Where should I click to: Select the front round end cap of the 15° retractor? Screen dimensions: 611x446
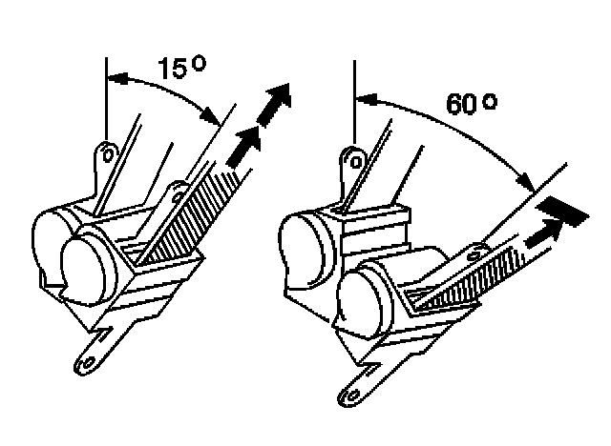point(88,261)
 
